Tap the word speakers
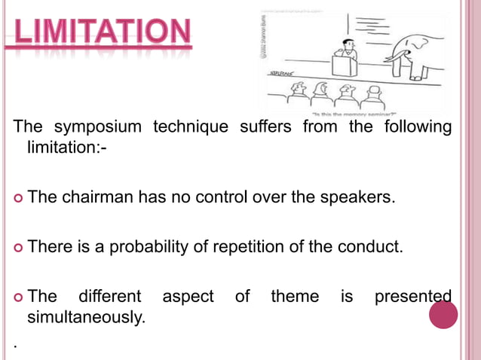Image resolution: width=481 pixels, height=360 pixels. coord(363,199)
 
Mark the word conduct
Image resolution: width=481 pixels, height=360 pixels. coord(374,247)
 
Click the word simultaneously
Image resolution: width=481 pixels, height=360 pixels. coord(86,316)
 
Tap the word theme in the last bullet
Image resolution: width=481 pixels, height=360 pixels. coord(295,297)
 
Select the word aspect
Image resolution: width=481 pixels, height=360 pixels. coord(188,297)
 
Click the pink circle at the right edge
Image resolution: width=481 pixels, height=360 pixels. coord(443,314)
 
